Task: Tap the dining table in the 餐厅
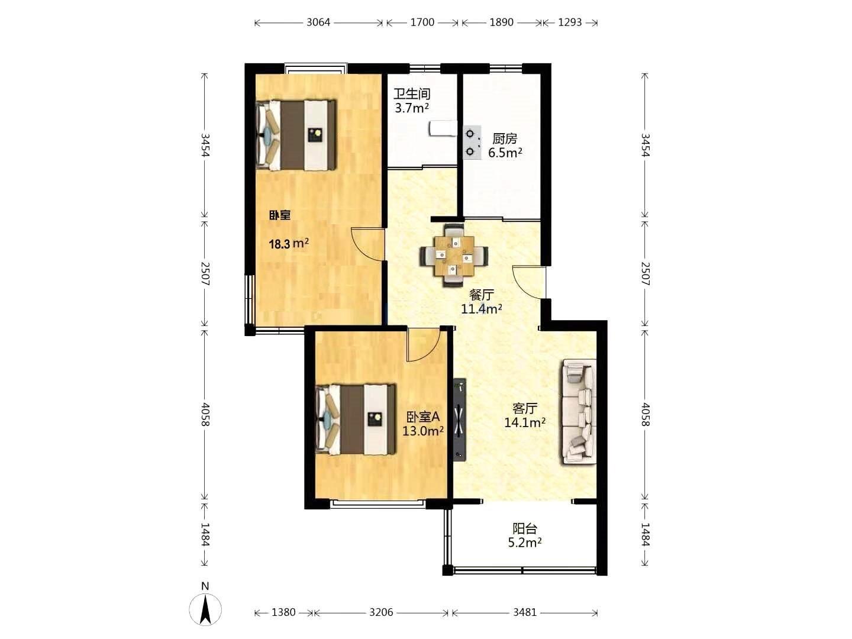[x=454, y=255]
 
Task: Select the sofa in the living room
[x=577, y=412]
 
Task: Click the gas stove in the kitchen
[x=472, y=143]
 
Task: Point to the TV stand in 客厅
[x=460, y=419]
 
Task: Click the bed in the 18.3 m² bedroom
[x=296, y=135]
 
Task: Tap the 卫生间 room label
[x=412, y=94]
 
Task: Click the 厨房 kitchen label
[x=505, y=138]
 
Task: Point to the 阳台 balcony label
[x=525, y=528]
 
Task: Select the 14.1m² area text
[x=525, y=422]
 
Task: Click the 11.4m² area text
[x=481, y=309]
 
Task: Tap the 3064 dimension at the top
[x=318, y=22]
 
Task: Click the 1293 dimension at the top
[x=570, y=22]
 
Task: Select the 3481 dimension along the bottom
[x=525, y=612]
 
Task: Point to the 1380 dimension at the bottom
[x=283, y=612]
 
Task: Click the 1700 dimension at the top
[x=422, y=22]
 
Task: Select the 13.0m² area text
[x=423, y=431]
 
